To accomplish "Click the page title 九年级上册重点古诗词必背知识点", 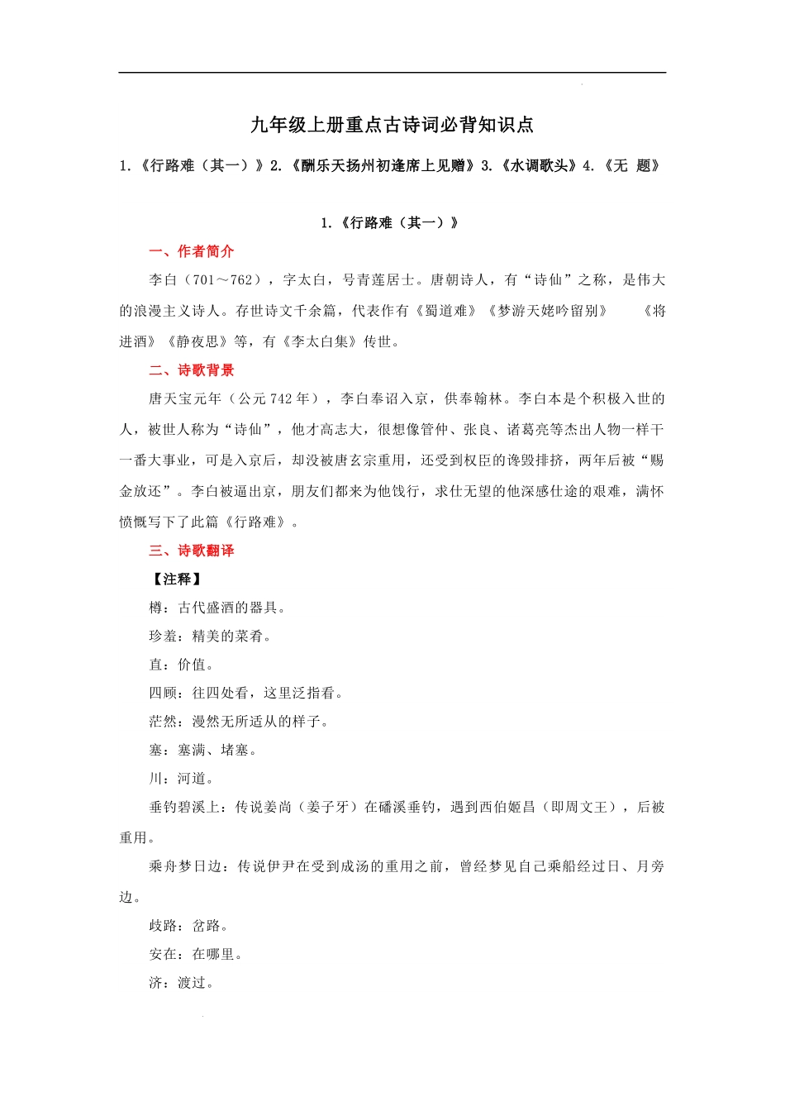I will click(x=392, y=125).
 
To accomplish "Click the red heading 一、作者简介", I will click(x=192, y=251).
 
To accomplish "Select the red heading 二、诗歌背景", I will click(x=192, y=370).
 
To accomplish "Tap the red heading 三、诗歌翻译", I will click(x=192, y=551).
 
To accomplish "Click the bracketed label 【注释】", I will click(x=176, y=579).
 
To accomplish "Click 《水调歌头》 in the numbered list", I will click(x=539, y=165).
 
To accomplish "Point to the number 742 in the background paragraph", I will click(x=281, y=399).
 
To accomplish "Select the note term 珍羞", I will click(x=163, y=637).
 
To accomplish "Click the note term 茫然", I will click(x=163, y=722).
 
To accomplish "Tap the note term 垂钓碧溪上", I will click(x=185, y=807).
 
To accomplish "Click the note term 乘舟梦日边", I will click(x=185, y=866).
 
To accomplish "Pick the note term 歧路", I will click(x=163, y=926).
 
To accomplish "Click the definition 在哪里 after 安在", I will click(x=213, y=954).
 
